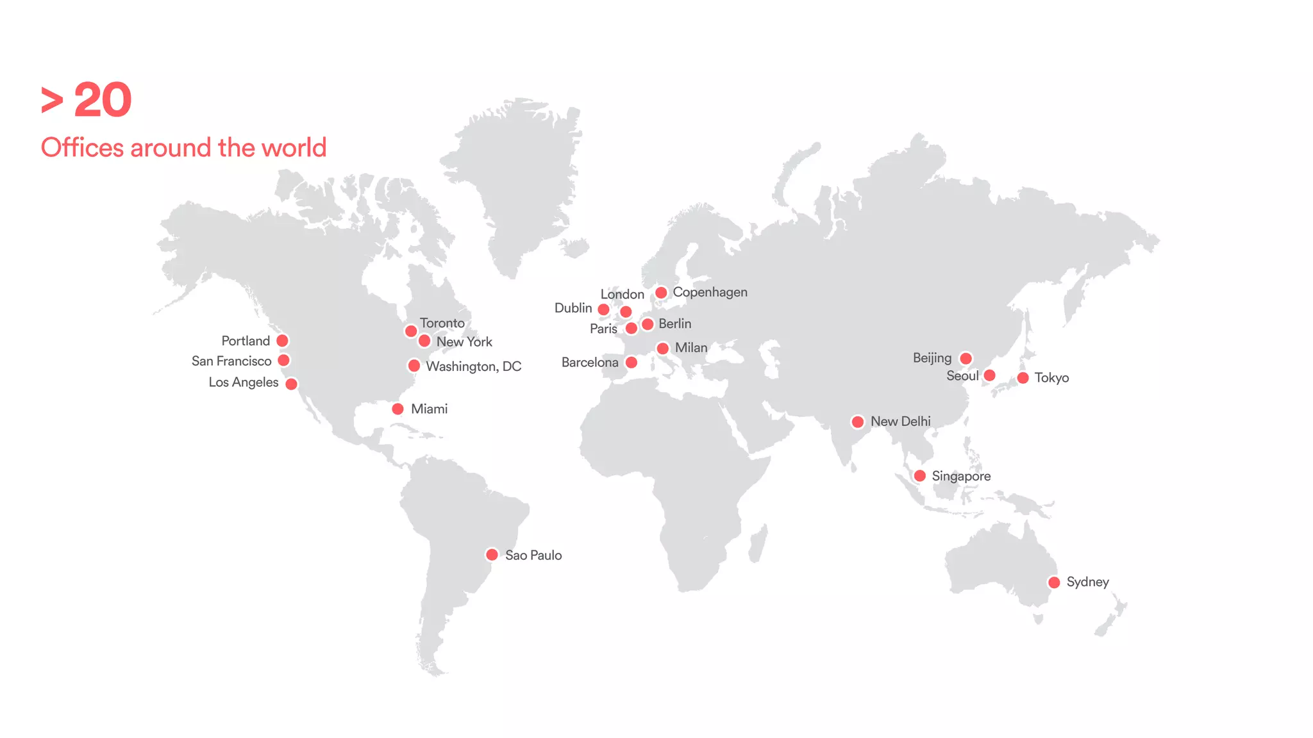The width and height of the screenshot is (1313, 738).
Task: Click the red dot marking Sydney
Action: pyautogui.click(x=1054, y=582)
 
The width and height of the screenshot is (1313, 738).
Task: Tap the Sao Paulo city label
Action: pyautogui.click(x=533, y=555)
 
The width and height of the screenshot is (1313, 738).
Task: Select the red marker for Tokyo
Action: pyautogui.click(x=1023, y=378)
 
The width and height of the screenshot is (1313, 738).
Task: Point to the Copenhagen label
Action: pyautogui.click(x=710, y=292)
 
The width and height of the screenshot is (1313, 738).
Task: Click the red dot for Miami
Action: pyautogui.click(x=397, y=409)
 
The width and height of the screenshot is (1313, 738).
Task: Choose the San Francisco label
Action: pyautogui.click(x=231, y=361)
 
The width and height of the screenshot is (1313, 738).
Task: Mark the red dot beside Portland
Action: pyautogui.click(x=282, y=341)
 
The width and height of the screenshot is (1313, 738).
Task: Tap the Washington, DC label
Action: pyautogui.click(x=474, y=366)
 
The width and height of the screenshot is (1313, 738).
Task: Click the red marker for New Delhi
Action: pyautogui.click(x=857, y=422)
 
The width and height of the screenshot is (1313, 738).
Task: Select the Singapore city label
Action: pyautogui.click(x=961, y=476)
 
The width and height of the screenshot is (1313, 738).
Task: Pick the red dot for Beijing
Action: pyautogui.click(x=966, y=358)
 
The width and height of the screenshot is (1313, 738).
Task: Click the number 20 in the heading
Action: pyautogui.click(x=103, y=101)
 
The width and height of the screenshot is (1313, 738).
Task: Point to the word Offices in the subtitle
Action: pyautogui.click(x=82, y=148)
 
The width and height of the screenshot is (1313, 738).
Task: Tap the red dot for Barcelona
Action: pyautogui.click(x=631, y=363)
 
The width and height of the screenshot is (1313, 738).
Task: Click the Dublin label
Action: pyautogui.click(x=573, y=308)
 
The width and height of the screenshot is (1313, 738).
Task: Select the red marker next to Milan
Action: pyautogui.click(x=663, y=348)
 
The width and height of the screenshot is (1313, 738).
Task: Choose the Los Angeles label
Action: pyautogui.click(x=244, y=382)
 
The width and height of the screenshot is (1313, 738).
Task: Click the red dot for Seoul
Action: pyautogui.click(x=989, y=375)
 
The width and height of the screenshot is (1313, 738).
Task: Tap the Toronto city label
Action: pyautogui.click(x=442, y=323)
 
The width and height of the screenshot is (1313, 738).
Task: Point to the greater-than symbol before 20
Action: pyautogui.click(x=52, y=101)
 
